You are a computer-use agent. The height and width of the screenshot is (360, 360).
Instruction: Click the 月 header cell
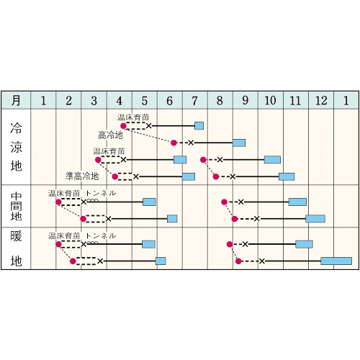(16, 100)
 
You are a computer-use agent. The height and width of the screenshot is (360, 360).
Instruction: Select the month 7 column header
(195, 100)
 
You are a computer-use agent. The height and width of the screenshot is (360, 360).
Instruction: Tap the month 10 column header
(271, 100)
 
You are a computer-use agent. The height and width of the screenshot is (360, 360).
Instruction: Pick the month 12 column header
(321, 100)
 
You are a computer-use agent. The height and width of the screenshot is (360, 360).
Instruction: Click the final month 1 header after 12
(346, 100)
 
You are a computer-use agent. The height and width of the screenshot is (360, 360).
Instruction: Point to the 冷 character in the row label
(16, 128)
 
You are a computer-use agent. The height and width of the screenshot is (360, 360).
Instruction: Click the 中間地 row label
(16, 207)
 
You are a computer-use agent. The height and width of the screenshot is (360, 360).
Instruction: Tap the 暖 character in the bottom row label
(16, 236)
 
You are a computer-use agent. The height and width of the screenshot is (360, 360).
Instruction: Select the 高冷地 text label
(111, 135)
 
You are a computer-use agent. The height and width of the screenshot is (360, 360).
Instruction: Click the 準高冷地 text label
(82, 176)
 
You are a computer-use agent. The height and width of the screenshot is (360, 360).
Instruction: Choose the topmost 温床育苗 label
(133, 117)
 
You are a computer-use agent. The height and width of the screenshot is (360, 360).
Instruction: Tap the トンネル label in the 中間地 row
(101, 193)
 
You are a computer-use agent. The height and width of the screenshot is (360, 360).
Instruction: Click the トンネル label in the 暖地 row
(101, 236)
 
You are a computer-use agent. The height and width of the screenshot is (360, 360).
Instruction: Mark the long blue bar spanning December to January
(336, 261)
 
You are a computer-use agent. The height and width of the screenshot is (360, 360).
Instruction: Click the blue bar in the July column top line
(199, 126)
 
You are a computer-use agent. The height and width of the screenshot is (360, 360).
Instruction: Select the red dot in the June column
(174, 143)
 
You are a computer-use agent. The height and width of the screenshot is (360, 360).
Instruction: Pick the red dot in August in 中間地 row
(224, 202)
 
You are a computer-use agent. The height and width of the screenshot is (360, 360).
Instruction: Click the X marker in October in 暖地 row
(262, 261)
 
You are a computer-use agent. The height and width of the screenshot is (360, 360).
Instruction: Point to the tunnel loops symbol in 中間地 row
(93, 200)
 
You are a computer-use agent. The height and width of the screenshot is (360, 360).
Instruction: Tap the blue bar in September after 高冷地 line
(239, 143)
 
